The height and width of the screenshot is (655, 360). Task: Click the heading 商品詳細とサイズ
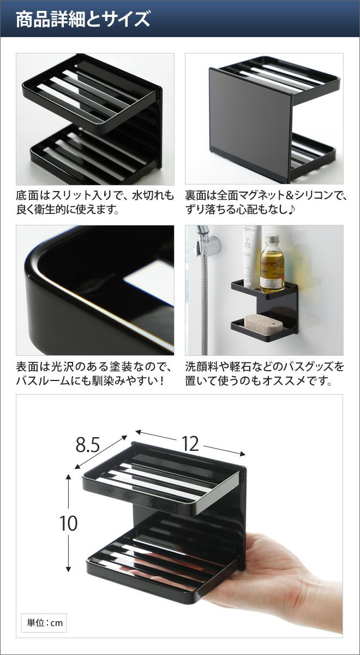[x=83, y=19]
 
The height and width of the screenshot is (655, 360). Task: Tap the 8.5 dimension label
[x=88, y=445]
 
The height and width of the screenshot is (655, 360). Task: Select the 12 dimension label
[x=190, y=444]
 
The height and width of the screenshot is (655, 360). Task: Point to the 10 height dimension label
[x=69, y=523]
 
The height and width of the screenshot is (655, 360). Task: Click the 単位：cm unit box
[x=44, y=615]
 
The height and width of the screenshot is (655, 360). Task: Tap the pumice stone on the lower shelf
[x=263, y=324]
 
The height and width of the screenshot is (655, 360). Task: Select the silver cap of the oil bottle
[x=272, y=241]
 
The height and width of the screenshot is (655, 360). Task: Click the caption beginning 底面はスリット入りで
[x=95, y=202]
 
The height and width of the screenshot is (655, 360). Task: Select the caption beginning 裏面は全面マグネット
[x=265, y=202]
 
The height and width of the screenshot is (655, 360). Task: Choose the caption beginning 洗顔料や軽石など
[x=265, y=373]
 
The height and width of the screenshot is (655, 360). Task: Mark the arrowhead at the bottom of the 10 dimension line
[x=68, y=569]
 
